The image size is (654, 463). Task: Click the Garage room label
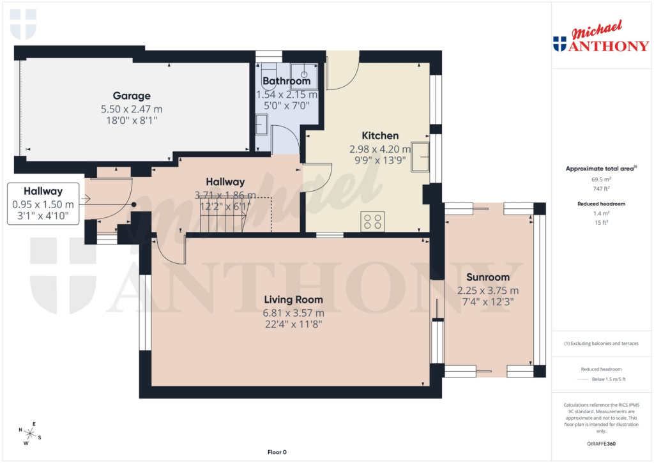click(132, 96)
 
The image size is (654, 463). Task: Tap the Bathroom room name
click(286, 81)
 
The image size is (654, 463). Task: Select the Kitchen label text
click(380, 135)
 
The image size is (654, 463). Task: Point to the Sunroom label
click(487, 277)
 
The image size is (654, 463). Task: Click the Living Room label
click(294, 300)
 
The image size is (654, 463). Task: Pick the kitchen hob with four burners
click(372, 221)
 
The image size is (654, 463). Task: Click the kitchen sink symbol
click(420, 157)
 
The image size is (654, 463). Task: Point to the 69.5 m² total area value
click(600, 179)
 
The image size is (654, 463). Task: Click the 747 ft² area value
click(600, 188)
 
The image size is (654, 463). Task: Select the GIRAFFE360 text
click(600, 444)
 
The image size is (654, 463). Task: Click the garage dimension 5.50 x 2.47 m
click(132, 109)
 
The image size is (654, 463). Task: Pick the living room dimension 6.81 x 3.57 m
click(294, 313)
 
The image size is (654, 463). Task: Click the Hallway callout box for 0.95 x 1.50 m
click(43, 204)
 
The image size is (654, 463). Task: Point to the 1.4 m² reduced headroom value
click(600, 214)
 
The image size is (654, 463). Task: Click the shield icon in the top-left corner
click(24, 24)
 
